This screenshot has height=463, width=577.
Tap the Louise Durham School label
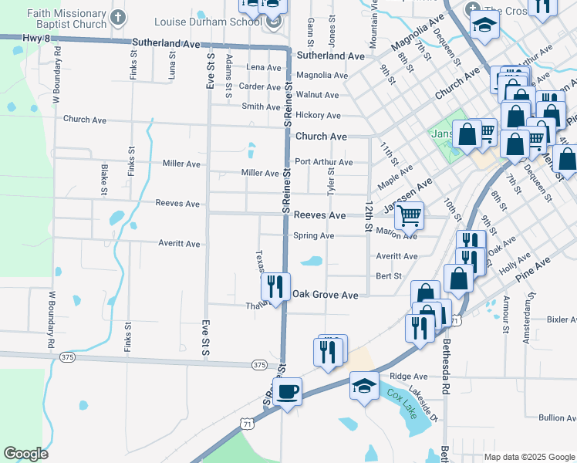[208, 22]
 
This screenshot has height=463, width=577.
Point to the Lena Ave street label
[263, 67]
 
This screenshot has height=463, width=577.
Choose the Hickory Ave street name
[318, 115]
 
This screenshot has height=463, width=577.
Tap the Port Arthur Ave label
[323, 162]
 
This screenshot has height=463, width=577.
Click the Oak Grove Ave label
[325, 295]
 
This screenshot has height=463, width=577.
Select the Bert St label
[389, 275]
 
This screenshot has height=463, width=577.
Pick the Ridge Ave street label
[409, 377]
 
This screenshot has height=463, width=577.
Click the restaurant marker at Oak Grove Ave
[275, 286]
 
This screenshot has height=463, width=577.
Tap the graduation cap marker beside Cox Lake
[365, 385]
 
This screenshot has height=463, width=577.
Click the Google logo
[25, 454]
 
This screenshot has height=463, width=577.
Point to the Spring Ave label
[313, 235]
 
